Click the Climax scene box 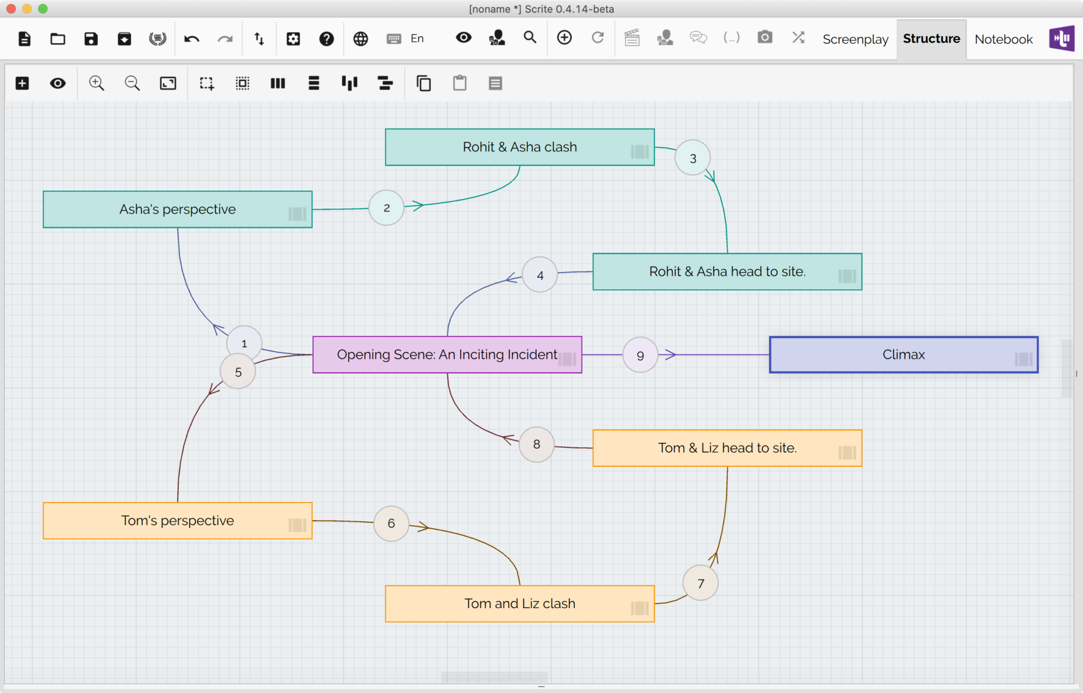[x=903, y=354]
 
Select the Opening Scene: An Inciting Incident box [x=446, y=354]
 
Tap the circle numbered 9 [x=640, y=355]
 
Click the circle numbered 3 [x=692, y=158]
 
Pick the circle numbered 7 [x=700, y=583]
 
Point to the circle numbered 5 [x=238, y=372]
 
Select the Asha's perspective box [x=177, y=209]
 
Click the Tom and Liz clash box [x=519, y=603]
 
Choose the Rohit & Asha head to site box [x=726, y=271]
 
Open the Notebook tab [x=1003, y=39]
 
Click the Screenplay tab [x=855, y=39]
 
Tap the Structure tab [x=931, y=39]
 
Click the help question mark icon [x=327, y=39]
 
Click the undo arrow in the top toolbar [x=191, y=39]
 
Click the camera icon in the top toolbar [x=764, y=38]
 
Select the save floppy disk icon [x=91, y=39]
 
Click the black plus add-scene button [x=22, y=83]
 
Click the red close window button [x=11, y=9]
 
